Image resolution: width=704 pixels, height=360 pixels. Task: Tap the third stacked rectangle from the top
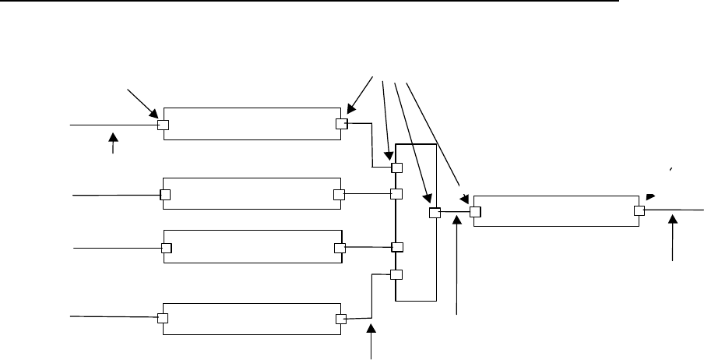pyautogui.click(x=252, y=247)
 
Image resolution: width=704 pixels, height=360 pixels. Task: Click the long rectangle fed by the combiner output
pyautogui.click(x=557, y=210)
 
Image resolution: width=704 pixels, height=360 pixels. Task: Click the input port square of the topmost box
pyautogui.click(x=164, y=125)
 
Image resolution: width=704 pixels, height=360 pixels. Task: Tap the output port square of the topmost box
pyautogui.click(x=340, y=123)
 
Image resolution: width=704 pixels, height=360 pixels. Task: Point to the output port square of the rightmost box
pyautogui.click(x=639, y=210)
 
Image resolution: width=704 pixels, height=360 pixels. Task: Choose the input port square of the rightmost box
pyautogui.click(x=474, y=210)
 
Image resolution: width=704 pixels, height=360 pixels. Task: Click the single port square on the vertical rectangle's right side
pyautogui.click(x=435, y=212)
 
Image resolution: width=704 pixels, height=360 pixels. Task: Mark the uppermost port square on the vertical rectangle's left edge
pyautogui.click(x=396, y=168)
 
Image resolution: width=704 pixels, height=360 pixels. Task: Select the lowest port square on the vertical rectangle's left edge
pyautogui.click(x=396, y=274)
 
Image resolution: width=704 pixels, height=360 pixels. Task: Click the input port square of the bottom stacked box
pyautogui.click(x=164, y=318)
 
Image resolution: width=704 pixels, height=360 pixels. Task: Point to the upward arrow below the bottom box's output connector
pyautogui.click(x=371, y=343)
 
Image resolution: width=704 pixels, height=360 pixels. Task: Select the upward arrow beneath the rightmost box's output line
pyautogui.click(x=674, y=238)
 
